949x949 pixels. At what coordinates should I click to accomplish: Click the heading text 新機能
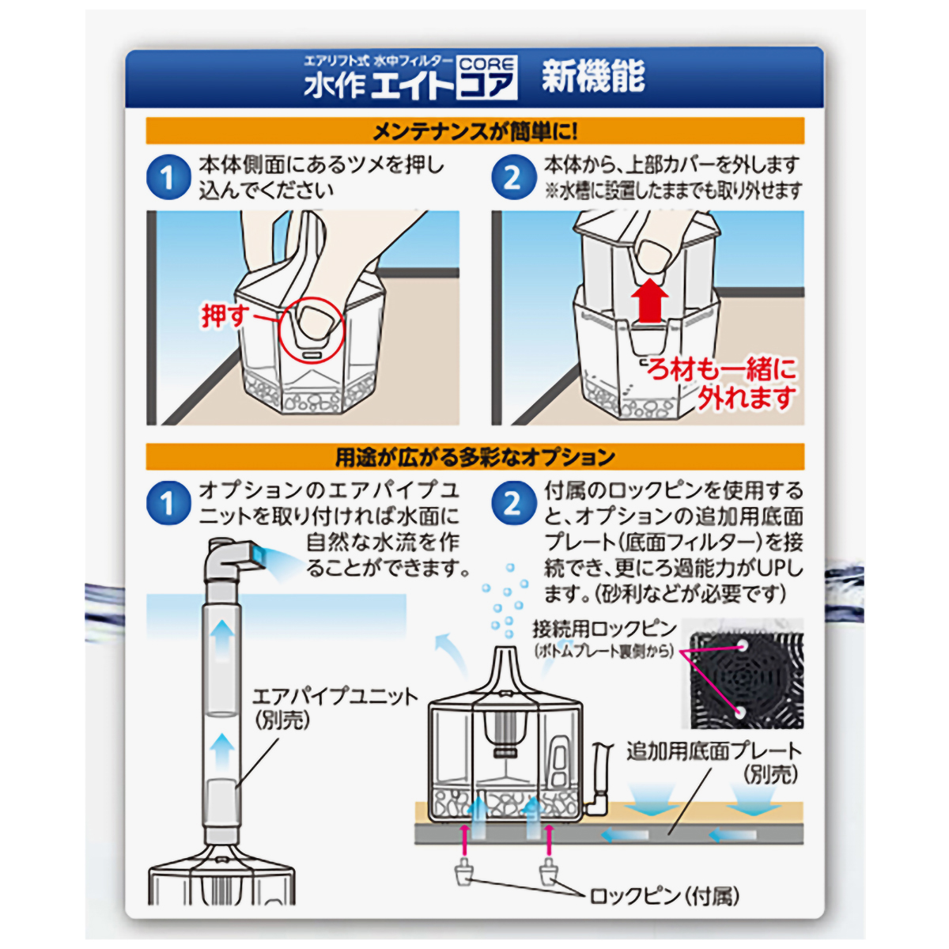point(593,77)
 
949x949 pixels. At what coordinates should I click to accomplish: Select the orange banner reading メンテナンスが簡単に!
point(475,130)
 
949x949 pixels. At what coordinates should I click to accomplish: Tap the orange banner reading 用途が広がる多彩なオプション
point(475,456)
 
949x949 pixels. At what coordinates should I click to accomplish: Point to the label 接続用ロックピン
point(604,630)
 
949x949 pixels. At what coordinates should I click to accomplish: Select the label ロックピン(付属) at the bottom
point(665,895)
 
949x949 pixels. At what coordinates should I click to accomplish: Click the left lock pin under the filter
point(462,873)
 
